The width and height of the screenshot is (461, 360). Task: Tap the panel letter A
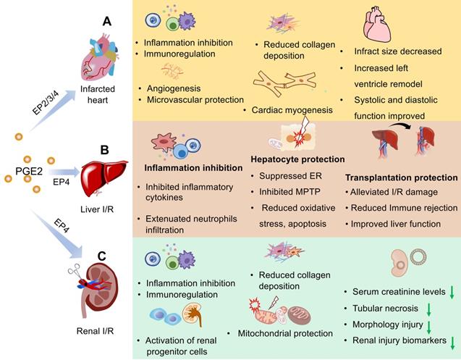107,22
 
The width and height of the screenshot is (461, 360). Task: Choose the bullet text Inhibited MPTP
286,193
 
